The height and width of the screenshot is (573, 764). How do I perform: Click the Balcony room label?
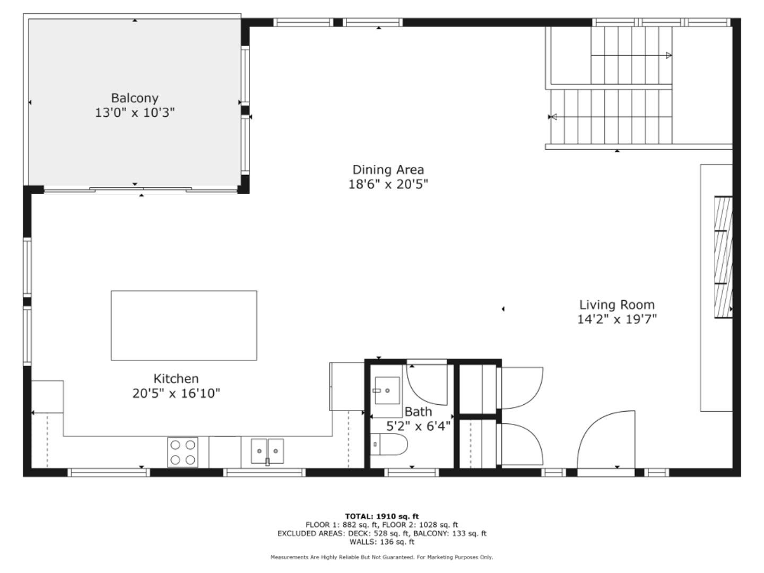pyautogui.click(x=135, y=98)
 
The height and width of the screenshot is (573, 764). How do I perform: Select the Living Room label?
pyautogui.click(x=617, y=305)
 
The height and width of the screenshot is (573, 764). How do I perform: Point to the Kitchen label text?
pyautogui.click(x=176, y=379)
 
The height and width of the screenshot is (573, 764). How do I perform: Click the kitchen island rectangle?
pyautogui.click(x=184, y=325)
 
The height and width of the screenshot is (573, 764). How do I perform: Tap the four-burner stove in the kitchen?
pyautogui.click(x=183, y=452)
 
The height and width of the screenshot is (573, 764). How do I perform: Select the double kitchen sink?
pyautogui.click(x=267, y=452)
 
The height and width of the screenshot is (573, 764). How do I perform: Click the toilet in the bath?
pyautogui.click(x=388, y=444)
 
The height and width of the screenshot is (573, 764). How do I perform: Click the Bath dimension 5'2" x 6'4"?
pyautogui.click(x=418, y=426)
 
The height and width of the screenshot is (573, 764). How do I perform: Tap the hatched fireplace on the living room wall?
pyautogui.click(x=723, y=257)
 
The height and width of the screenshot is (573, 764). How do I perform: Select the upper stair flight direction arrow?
pyautogui.click(x=668, y=55)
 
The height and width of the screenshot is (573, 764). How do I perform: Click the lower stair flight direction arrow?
pyautogui.click(x=553, y=117)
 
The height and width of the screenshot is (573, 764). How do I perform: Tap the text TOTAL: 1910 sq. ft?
pyautogui.click(x=381, y=516)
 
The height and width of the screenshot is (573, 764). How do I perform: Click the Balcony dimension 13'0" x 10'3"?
pyautogui.click(x=135, y=113)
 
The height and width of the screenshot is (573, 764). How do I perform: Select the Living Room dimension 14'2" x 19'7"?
pyautogui.click(x=617, y=319)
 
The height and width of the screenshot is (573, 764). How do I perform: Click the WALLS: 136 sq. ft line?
pyautogui.click(x=381, y=542)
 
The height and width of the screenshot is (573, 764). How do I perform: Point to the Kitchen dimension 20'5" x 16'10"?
pyautogui.click(x=176, y=394)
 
